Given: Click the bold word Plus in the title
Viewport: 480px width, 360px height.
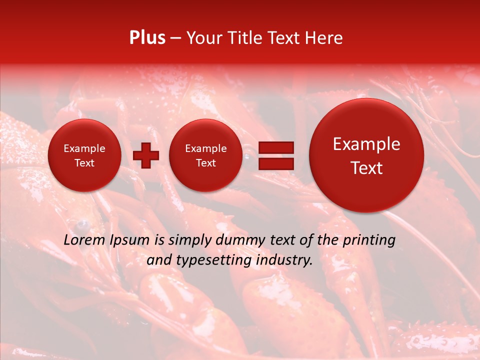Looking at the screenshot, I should pyautogui.click(x=147, y=38).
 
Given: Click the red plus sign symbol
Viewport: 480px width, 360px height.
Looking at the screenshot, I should pyautogui.click(x=146, y=155).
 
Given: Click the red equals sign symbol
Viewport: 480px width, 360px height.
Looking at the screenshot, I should pyautogui.click(x=275, y=155).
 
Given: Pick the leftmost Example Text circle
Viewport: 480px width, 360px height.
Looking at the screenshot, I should pyautogui.click(x=84, y=155).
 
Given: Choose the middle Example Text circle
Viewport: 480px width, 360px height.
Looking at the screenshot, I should pyautogui.click(x=206, y=155).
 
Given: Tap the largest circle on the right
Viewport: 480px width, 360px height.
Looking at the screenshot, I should pyautogui.click(x=366, y=155).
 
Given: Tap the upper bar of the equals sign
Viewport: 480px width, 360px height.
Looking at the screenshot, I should pyautogui.click(x=275, y=148).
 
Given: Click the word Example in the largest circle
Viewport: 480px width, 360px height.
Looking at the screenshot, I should pyautogui.click(x=366, y=144).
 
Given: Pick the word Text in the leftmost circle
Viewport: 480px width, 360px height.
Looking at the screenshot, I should pyautogui.click(x=84, y=163).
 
